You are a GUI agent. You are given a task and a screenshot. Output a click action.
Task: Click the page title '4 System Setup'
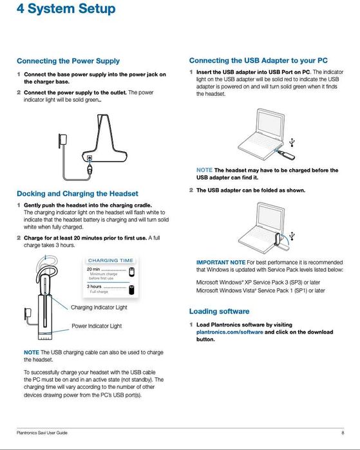point(66,10)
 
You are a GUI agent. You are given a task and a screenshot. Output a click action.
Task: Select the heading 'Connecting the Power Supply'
point(68,61)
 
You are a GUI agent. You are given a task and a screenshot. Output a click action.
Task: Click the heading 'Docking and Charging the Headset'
point(77,193)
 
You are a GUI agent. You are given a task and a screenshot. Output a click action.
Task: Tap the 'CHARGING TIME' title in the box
point(111,260)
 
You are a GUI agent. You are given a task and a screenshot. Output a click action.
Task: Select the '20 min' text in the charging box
point(93,269)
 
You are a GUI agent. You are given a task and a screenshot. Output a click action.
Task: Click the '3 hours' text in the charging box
point(95,286)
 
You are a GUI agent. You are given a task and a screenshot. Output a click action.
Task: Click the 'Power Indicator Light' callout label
point(97,326)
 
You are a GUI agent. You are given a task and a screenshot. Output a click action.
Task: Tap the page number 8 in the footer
point(343,432)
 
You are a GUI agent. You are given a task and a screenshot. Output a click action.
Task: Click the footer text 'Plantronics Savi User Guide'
point(43,432)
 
